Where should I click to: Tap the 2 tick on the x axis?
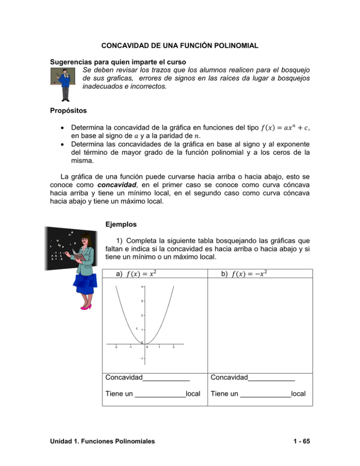[173, 347]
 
